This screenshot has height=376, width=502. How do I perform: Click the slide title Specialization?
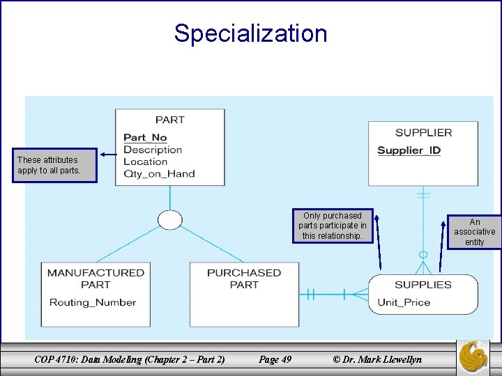[x=250, y=33]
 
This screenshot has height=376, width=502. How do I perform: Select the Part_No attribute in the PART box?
[x=145, y=138]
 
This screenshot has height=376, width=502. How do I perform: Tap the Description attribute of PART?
[x=152, y=150]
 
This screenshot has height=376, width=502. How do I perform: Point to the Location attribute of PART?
[x=145, y=162]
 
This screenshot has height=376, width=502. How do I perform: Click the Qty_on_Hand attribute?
[x=159, y=173]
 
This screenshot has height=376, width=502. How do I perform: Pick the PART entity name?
[x=170, y=120]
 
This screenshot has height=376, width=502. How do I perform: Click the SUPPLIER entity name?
[x=423, y=132]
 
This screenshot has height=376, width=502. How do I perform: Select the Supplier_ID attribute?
[x=409, y=150]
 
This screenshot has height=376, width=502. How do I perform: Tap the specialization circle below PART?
[x=169, y=220]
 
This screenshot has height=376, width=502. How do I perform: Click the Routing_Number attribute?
[x=93, y=302]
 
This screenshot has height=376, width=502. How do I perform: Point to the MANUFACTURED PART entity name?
[x=96, y=279]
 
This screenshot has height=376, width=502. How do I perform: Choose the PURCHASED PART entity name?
[x=244, y=279]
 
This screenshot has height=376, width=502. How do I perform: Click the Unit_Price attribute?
[x=404, y=302]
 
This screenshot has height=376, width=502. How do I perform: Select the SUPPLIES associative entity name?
[x=423, y=284]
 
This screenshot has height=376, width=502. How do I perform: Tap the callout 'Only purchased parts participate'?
[x=333, y=226]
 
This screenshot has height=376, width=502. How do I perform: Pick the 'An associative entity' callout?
[x=475, y=232]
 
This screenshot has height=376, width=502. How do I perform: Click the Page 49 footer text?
[x=275, y=359]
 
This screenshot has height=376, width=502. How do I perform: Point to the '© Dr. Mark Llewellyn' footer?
[x=377, y=359]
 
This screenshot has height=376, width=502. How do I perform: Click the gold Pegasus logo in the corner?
[x=473, y=357]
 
